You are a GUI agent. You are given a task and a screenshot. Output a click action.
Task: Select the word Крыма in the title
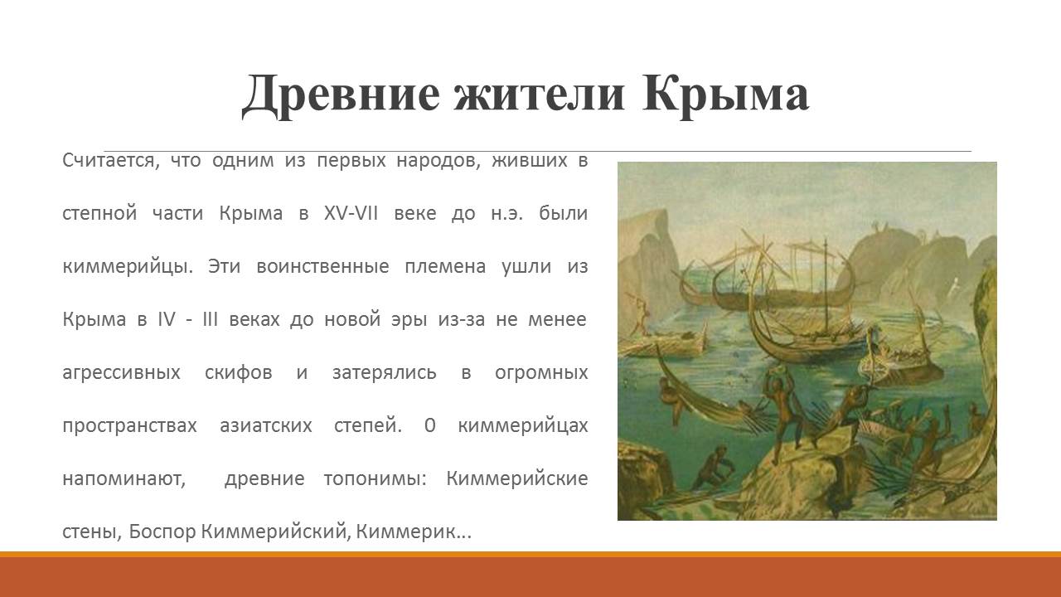coord(725,95)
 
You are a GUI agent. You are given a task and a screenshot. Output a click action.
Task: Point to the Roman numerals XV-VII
coord(351,213)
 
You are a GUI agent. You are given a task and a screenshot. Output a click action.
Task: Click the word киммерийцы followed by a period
coord(128,267)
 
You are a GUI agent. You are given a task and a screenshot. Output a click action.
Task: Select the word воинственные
coord(322,266)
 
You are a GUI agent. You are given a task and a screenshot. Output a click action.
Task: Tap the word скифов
coord(239,373)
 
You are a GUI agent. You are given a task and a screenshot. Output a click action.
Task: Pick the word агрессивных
coord(121,373)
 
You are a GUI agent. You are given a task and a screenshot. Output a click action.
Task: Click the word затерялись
coord(384,373)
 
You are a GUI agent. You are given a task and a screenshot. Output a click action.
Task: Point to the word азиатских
coord(266,425)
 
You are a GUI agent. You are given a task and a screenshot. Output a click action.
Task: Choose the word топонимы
coord(375,479)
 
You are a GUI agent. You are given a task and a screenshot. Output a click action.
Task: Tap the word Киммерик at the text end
coord(414,531)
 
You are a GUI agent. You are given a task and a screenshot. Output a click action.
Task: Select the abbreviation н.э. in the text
coord(506,214)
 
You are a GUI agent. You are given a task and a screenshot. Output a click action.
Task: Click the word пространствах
coord(129,426)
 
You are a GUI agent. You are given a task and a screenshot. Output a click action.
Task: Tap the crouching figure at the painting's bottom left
coord(712,468)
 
